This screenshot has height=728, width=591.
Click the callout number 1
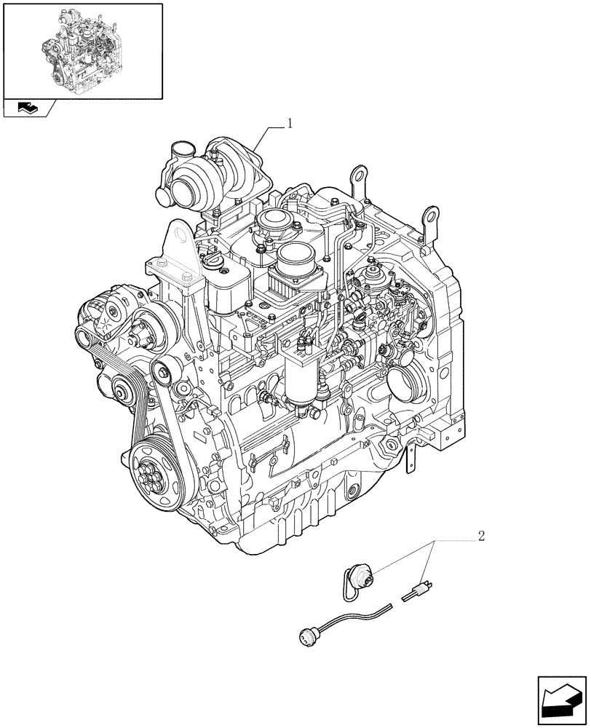click(290, 124)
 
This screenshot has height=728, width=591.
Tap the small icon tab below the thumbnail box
click(29, 108)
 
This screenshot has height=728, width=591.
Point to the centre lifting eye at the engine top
click(357, 177)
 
